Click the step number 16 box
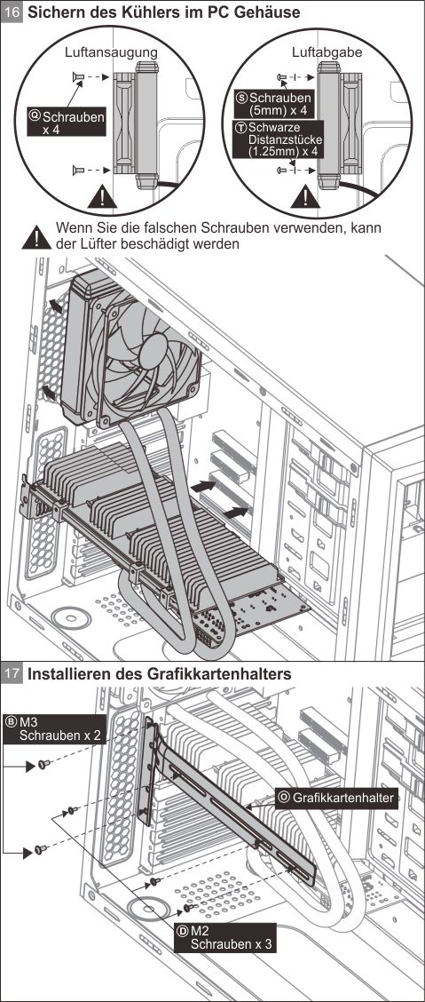coord(12,12)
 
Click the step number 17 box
coord(12,673)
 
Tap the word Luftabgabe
coord(327,53)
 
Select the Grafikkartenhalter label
coord(336,797)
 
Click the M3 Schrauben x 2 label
coord(54,728)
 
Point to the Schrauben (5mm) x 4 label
coord(275,105)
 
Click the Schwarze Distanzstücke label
coord(276,139)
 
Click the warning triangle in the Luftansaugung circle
coord(102,196)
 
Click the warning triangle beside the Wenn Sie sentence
coord(36,238)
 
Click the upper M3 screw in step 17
coord(43,764)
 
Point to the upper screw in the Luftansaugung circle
coord(78,78)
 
